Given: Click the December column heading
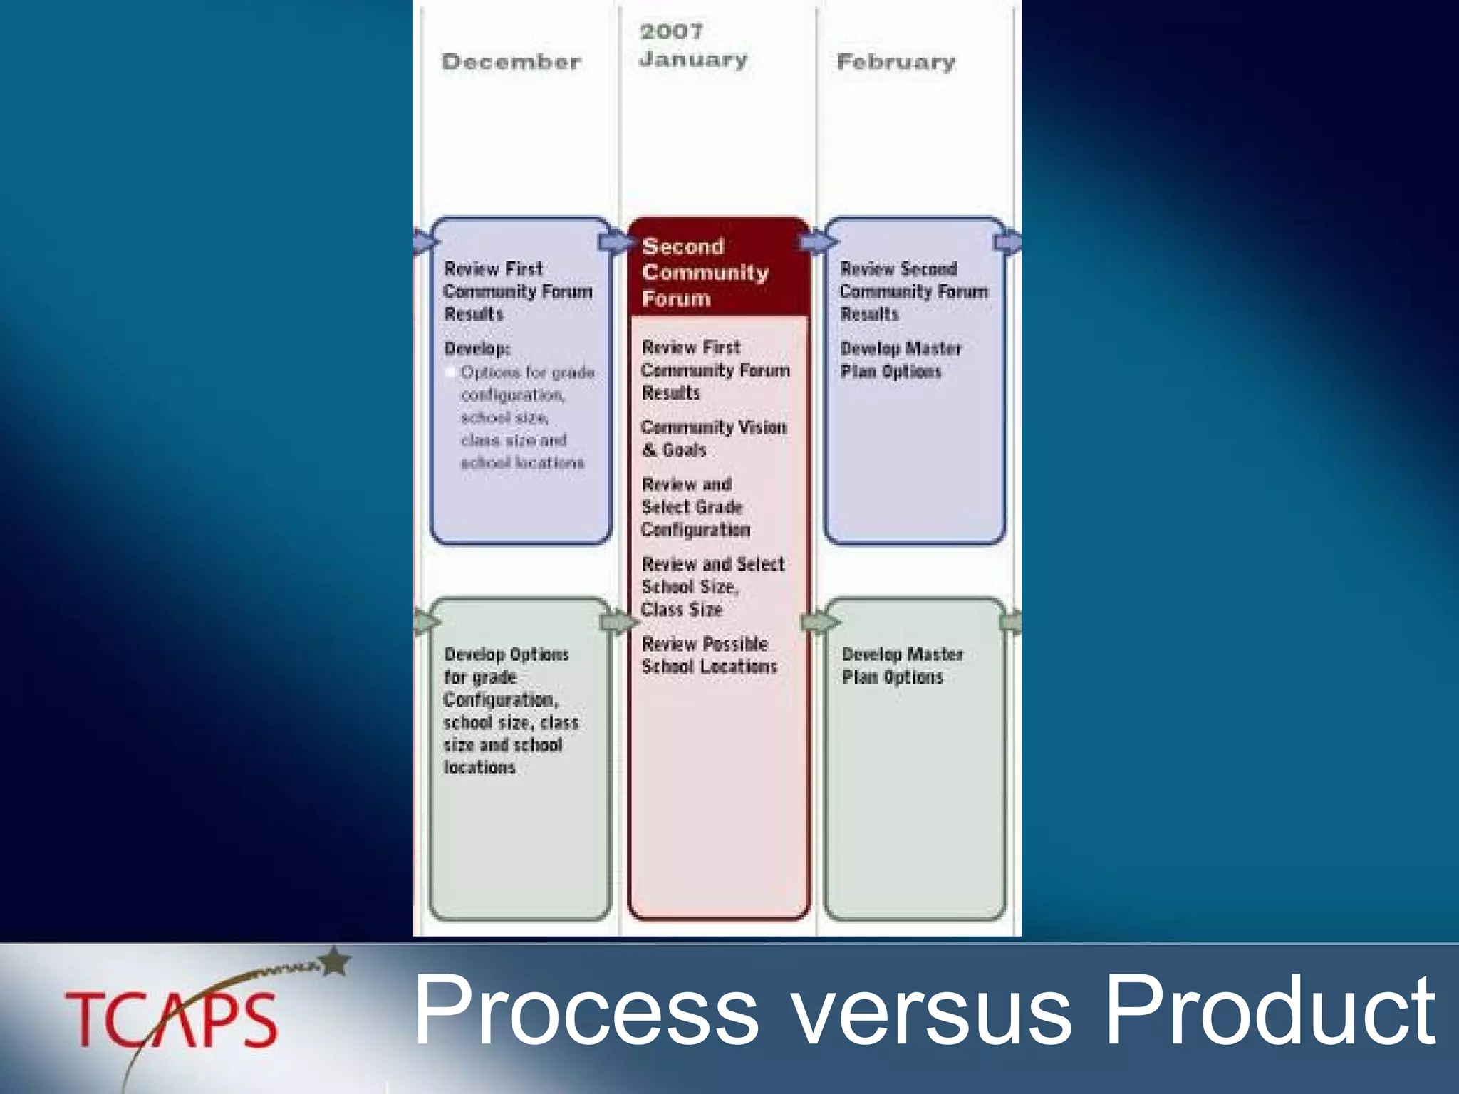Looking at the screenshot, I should click(x=511, y=61).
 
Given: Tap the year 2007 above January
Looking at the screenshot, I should click(x=671, y=31).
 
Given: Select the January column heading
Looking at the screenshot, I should click(x=693, y=60).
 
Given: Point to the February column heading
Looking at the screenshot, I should click(x=895, y=62).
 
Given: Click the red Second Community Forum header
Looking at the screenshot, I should click(x=705, y=272).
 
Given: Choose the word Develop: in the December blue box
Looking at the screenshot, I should click(x=477, y=348).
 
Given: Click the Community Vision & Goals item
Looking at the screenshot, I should click(x=713, y=439).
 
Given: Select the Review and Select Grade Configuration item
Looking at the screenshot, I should click(x=695, y=507).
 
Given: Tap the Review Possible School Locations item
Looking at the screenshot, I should click(x=708, y=655).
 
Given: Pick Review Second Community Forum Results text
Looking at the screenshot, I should click(x=913, y=291).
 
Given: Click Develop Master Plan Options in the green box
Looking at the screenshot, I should click(x=901, y=665).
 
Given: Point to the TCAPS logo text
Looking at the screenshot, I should click(x=171, y=1020).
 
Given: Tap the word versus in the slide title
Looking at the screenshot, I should click(x=931, y=1011).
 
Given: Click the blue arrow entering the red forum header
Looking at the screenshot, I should click(x=616, y=242).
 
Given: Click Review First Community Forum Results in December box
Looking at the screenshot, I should click(x=517, y=291).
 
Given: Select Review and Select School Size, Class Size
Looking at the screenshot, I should click(x=712, y=587).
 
